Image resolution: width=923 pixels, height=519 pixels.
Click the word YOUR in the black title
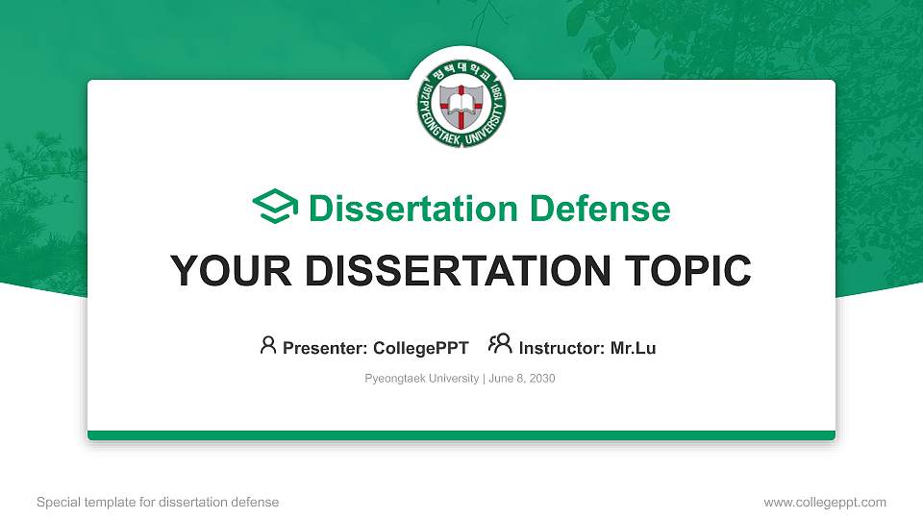[x=215, y=271]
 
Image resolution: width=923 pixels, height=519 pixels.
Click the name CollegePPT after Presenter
[x=420, y=348]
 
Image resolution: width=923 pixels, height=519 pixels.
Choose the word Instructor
[x=561, y=348]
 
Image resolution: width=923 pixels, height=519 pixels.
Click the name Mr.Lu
[x=634, y=348]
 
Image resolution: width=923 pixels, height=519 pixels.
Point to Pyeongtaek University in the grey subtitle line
[x=421, y=379]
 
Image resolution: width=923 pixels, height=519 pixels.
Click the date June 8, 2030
[x=522, y=379]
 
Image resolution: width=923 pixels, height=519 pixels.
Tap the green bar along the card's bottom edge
[x=461, y=435]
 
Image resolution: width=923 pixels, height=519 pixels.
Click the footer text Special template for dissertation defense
[x=158, y=502]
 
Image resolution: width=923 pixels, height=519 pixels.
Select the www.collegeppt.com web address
[x=825, y=502]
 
